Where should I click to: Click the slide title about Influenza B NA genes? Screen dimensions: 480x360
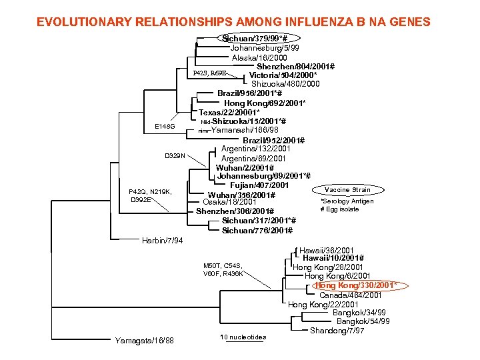point(233,22)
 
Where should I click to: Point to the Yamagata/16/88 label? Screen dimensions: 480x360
point(144,341)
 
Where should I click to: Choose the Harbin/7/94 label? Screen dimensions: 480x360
point(163,240)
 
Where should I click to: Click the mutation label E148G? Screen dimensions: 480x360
point(165,126)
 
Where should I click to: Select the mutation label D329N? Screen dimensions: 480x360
point(176,156)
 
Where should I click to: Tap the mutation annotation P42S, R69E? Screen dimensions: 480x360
point(210,73)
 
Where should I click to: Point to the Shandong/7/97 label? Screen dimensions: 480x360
point(337,331)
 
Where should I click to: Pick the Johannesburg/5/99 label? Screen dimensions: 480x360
point(265,48)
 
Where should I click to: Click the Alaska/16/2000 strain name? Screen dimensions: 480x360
point(260,58)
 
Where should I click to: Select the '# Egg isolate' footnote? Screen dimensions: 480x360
point(339,209)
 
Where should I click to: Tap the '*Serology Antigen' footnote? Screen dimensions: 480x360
point(347,201)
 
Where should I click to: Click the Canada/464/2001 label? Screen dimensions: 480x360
point(351,295)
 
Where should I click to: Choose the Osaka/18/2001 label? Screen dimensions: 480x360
point(229,202)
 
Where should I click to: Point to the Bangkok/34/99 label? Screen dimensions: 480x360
point(359,313)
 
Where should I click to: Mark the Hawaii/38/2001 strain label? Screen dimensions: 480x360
point(331,249)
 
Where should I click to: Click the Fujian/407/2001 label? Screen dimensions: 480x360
point(259,185)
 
